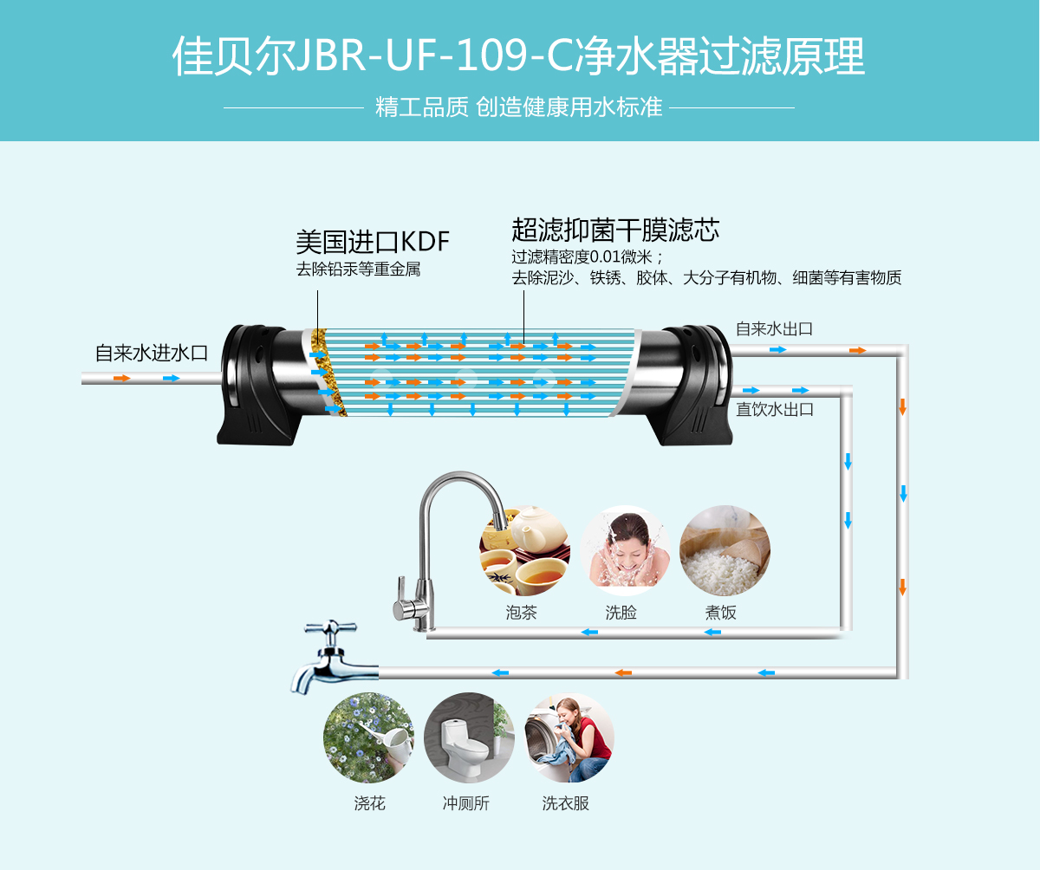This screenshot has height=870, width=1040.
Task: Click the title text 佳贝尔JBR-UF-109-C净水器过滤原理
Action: [x=518, y=58]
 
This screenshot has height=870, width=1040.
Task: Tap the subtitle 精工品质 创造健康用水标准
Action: [x=518, y=107]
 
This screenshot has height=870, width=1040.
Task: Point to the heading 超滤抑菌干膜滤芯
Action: [x=615, y=230]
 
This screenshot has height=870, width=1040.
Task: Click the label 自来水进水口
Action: [x=152, y=354]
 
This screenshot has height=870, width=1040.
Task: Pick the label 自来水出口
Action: [x=774, y=329]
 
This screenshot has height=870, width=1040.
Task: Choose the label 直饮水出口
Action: [x=775, y=410]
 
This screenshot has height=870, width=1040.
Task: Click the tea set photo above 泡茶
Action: [x=524, y=551]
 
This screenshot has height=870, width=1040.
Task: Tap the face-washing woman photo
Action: [x=625, y=550]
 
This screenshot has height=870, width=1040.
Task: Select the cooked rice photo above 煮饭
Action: [x=725, y=550]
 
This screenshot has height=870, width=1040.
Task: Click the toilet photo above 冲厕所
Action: [x=469, y=737]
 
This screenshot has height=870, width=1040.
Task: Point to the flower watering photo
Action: [x=368, y=737]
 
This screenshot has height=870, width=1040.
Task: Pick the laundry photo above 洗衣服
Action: [x=569, y=737]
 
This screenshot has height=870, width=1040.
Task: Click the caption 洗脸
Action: [x=621, y=613]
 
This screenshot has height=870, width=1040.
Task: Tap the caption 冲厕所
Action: [x=466, y=803]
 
